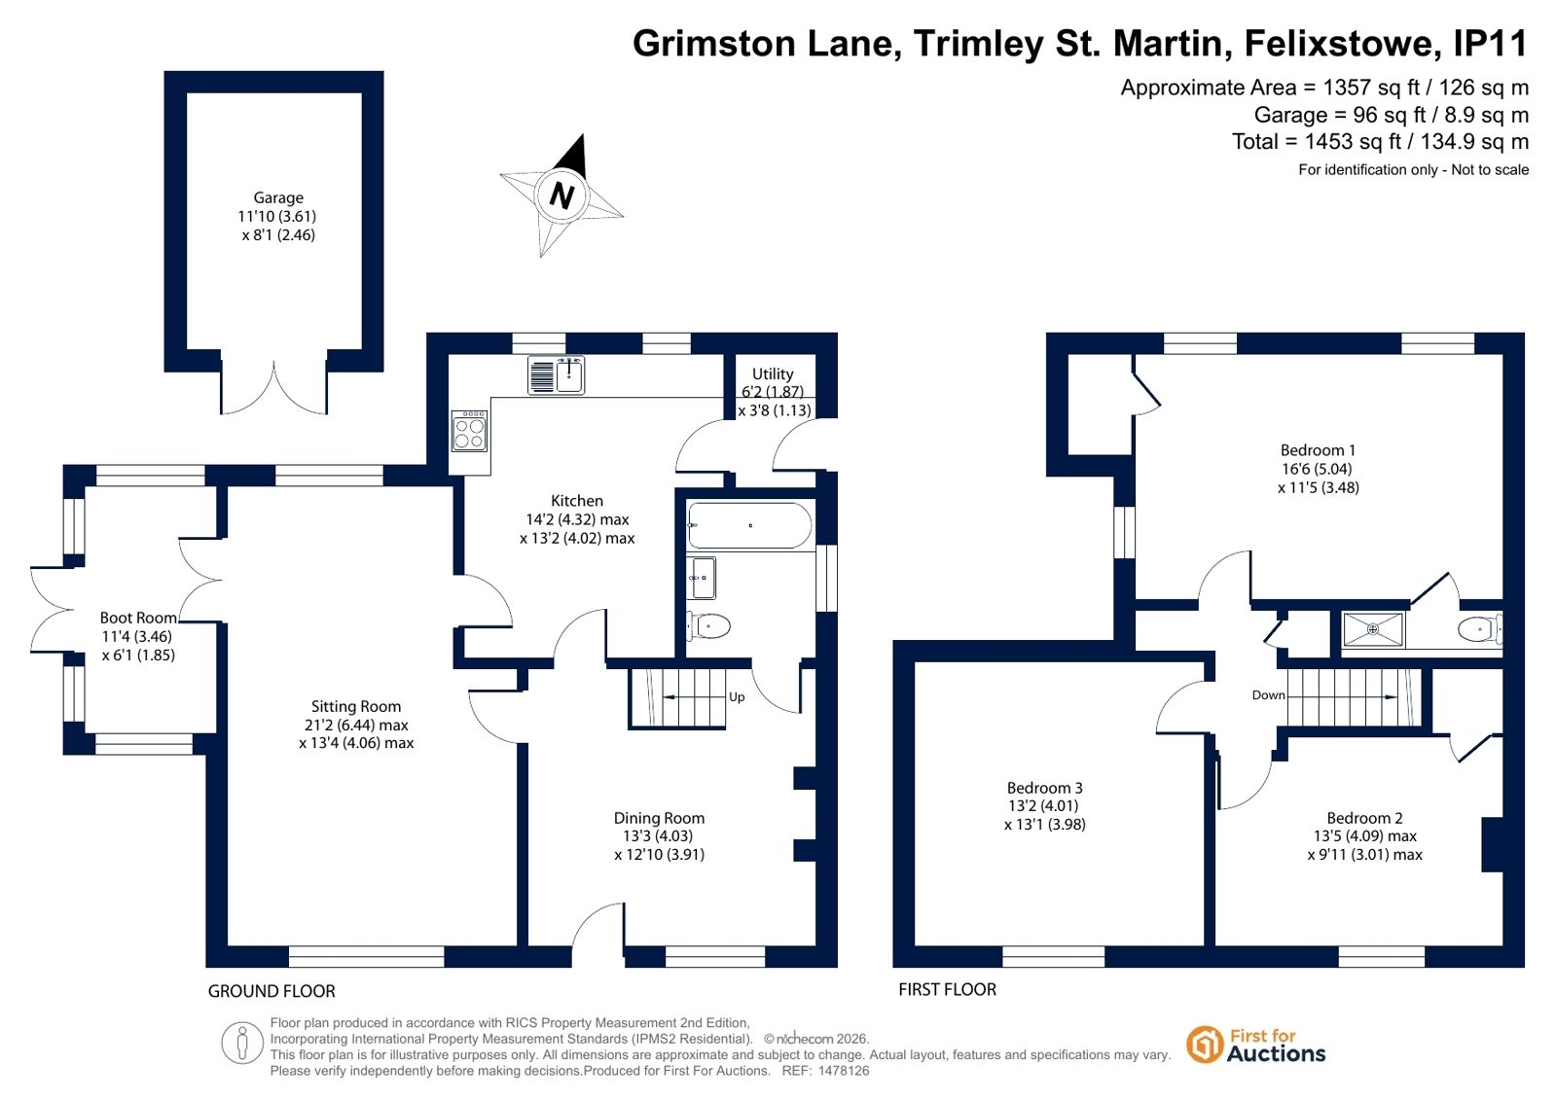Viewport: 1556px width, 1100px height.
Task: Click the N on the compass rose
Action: coord(561,195)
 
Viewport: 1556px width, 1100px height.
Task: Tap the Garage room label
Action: coord(278,197)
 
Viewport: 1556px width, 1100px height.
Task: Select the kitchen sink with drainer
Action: coord(556,375)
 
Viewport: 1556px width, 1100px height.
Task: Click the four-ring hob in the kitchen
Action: coord(470,431)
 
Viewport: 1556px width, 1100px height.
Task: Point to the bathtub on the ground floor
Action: coord(749,526)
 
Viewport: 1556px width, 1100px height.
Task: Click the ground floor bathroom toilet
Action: coord(707,625)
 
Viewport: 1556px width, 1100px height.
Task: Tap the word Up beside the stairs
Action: coord(737,696)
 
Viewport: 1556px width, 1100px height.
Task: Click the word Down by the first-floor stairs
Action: coord(1268,695)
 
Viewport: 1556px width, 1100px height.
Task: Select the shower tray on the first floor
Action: coord(1373,629)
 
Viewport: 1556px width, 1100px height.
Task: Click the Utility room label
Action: coord(773,373)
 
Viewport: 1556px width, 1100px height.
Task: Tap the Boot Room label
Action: coord(137,618)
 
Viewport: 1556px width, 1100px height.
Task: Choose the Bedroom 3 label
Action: coord(1045,788)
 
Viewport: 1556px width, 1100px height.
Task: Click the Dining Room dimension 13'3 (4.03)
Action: coord(659,836)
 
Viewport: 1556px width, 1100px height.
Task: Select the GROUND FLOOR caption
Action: coord(271,991)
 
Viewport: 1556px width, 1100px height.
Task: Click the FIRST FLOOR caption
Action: coord(948,989)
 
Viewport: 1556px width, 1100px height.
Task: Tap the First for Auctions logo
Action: coord(1256,1046)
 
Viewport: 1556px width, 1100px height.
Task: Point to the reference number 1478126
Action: coord(844,1071)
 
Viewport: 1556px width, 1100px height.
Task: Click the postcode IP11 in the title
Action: coord(1491,43)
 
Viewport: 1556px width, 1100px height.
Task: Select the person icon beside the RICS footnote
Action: coord(241,1043)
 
